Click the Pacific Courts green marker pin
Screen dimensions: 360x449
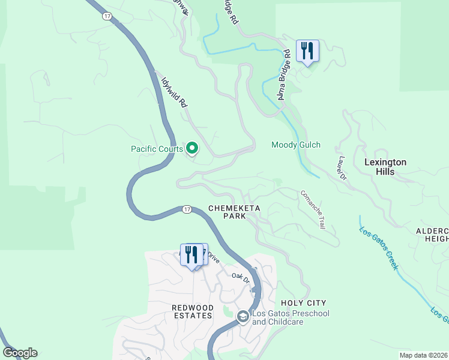coord(192,147)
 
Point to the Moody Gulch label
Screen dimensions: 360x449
coord(296,145)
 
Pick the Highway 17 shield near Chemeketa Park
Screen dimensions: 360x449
coord(187,209)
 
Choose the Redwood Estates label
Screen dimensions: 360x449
coord(192,311)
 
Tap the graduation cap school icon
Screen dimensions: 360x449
coord(243,317)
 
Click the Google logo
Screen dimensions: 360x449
coord(20,353)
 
